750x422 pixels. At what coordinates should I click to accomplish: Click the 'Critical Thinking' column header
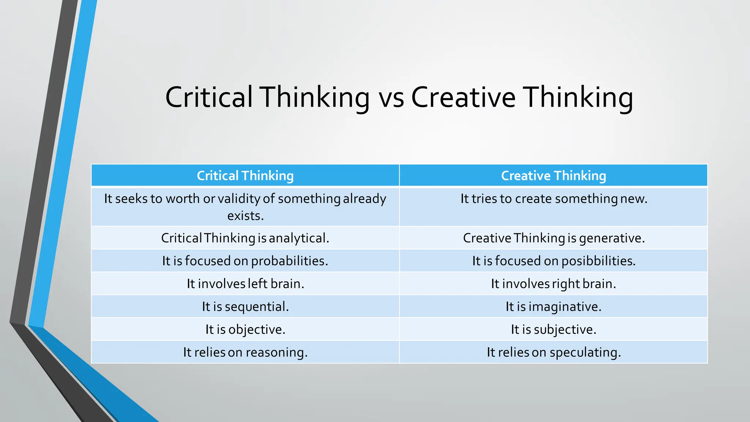pos(245,176)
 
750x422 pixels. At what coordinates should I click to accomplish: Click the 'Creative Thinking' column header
pos(553,176)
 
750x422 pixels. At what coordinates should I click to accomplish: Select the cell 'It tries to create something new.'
pos(554,199)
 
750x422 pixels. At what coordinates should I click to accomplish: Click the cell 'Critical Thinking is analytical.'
pos(245,238)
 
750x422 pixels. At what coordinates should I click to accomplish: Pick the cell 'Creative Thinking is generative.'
pos(554,238)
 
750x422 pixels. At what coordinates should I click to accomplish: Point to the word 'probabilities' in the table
pos(289,261)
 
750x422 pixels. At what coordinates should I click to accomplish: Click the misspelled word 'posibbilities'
pos(598,261)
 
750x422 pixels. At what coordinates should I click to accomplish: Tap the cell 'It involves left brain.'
pos(245,284)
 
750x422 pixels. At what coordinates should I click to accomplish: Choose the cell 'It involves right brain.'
pos(553,284)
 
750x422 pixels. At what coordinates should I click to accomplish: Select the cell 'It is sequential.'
pos(245,307)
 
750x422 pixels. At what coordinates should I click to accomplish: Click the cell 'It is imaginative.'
pos(553,307)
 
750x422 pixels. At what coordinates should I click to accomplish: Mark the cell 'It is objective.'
pos(245,330)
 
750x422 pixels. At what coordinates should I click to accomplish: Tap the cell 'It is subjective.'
pos(553,330)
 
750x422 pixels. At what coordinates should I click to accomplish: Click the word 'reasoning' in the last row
pos(276,353)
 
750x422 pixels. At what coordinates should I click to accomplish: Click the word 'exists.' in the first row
pos(245,216)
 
